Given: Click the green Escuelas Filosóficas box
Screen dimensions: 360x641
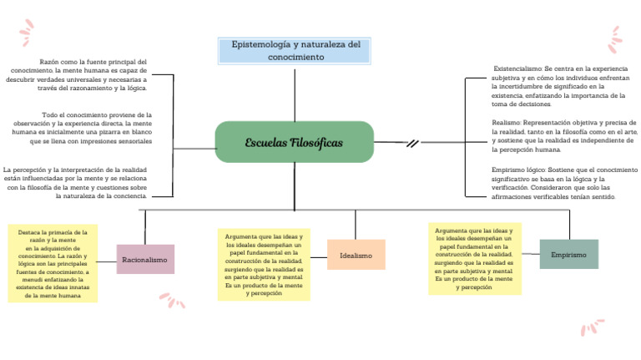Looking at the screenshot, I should click(x=294, y=143).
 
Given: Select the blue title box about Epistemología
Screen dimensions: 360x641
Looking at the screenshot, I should click(x=295, y=50).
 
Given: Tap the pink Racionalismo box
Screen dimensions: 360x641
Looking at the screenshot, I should click(x=145, y=260).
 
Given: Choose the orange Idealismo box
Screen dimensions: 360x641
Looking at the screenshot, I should click(x=356, y=255).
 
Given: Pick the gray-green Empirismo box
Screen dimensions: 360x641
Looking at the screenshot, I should click(x=569, y=254).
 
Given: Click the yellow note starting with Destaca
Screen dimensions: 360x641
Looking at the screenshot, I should click(x=52, y=262).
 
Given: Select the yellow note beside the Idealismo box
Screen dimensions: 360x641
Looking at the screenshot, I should click(x=264, y=265).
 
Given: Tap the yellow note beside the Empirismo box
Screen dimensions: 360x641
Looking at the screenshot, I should click(x=475, y=258).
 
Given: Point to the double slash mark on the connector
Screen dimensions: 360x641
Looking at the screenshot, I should click(x=412, y=144).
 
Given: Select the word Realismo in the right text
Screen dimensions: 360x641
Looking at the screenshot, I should click(x=505, y=122).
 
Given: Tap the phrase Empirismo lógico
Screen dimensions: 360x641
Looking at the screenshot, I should click(x=517, y=170).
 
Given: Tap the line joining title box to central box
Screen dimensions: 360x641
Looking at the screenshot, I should click(x=295, y=93).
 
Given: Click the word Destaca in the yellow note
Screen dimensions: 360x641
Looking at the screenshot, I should click(x=28, y=231).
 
